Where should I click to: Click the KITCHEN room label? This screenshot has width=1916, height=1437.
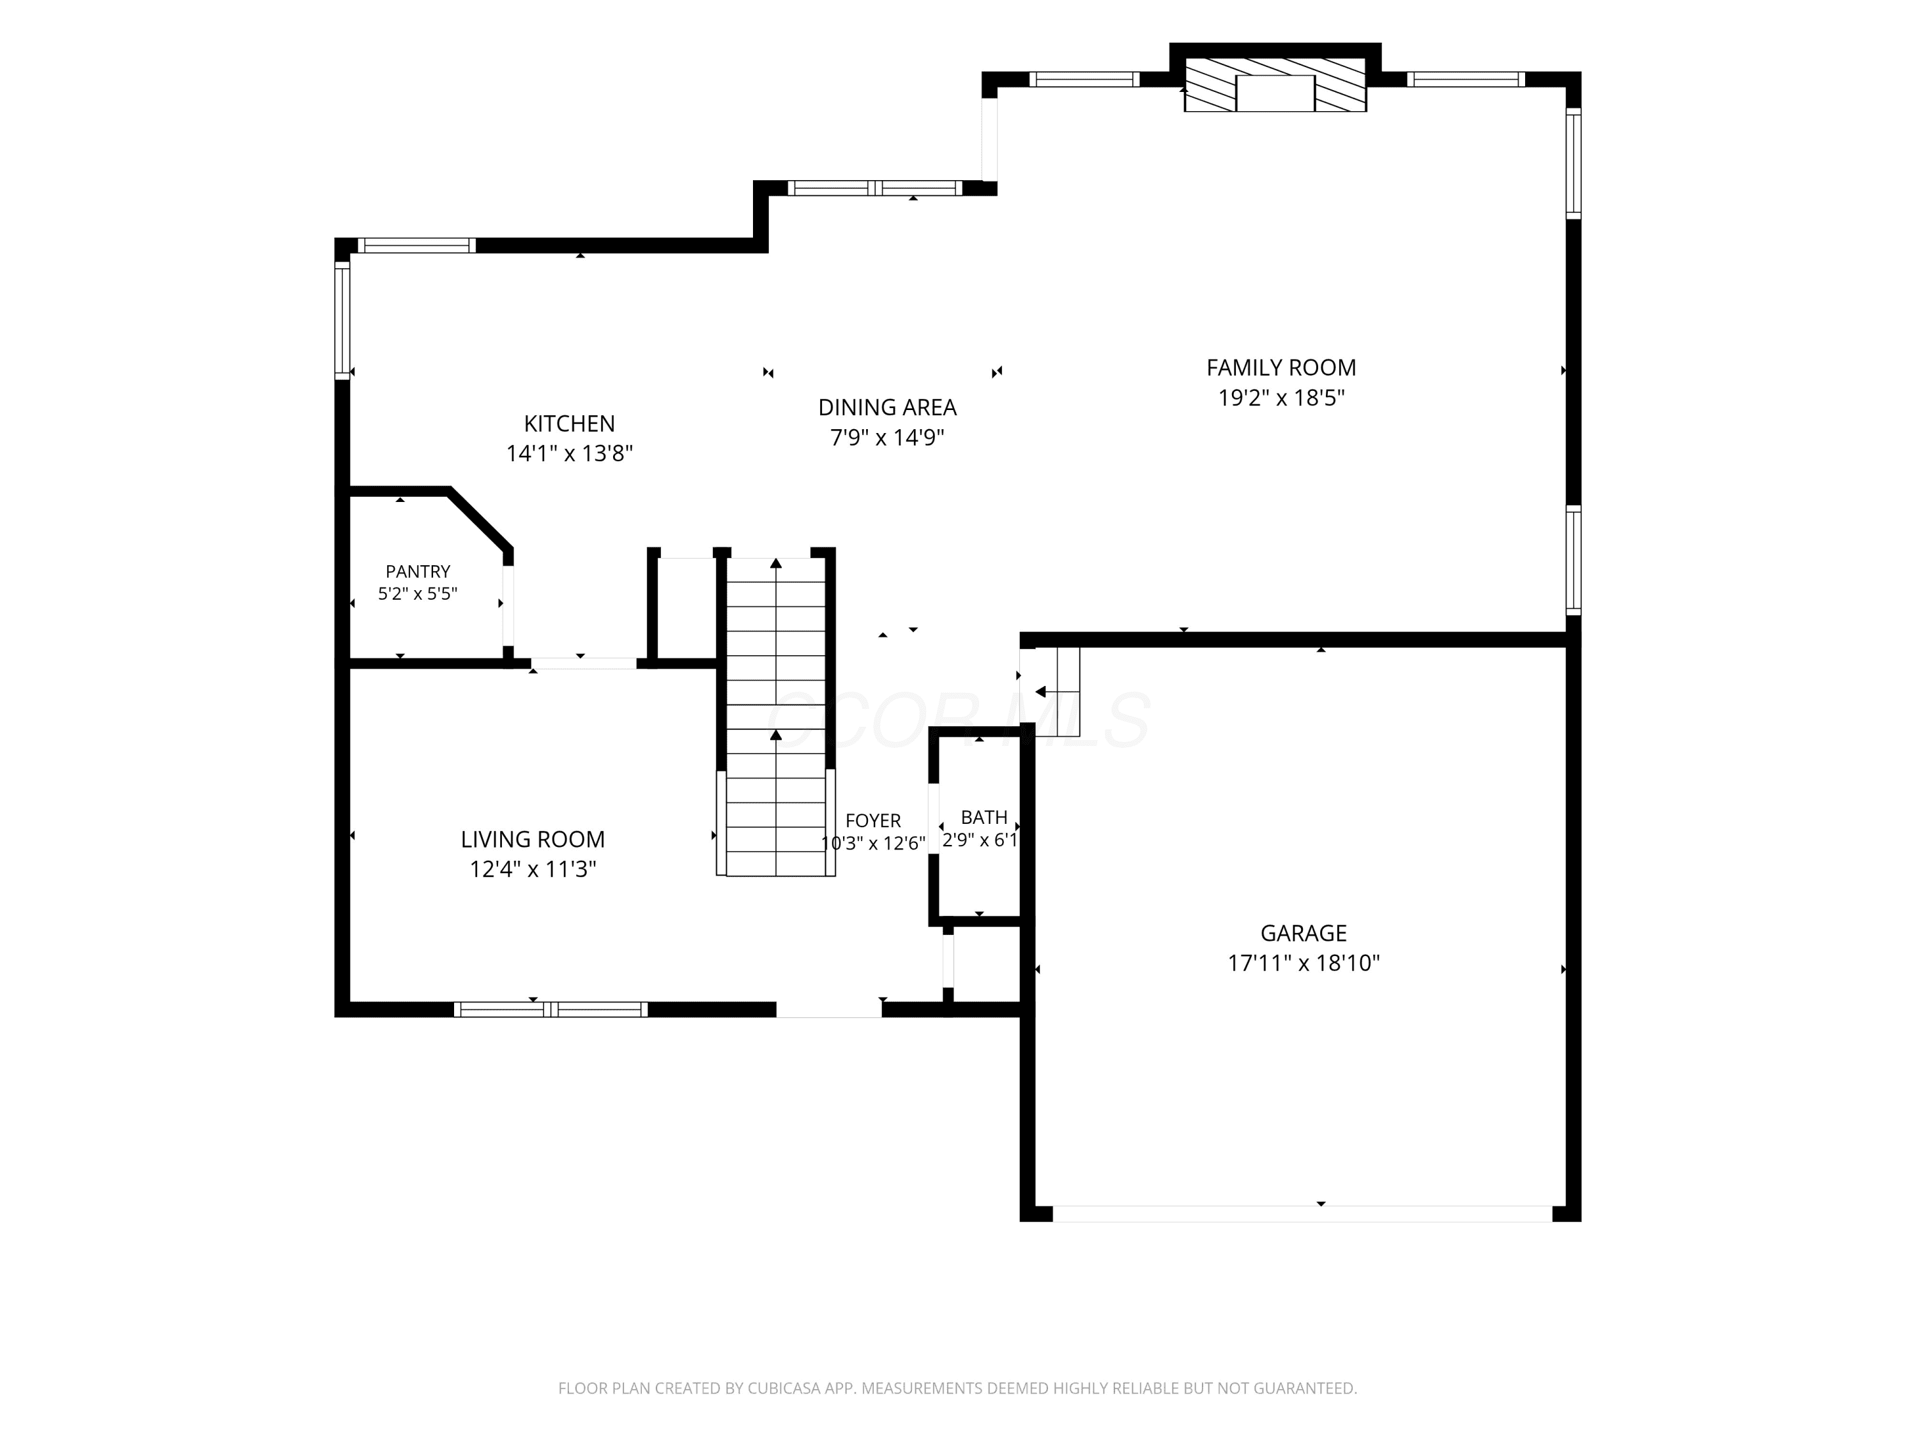tap(569, 423)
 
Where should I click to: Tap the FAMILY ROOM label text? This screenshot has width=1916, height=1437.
tap(1281, 368)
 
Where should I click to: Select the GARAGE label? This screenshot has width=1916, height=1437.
tap(1304, 933)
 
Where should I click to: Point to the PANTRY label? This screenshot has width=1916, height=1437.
tap(418, 572)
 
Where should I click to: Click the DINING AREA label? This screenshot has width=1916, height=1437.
tap(887, 407)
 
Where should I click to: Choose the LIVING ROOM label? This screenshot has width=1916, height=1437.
tap(533, 839)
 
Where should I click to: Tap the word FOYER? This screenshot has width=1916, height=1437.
tap(873, 820)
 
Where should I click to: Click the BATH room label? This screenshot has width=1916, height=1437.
tap(984, 817)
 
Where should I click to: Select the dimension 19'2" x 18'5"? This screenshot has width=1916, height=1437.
tap(1281, 399)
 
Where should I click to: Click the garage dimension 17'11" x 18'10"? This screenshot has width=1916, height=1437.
tap(1304, 963)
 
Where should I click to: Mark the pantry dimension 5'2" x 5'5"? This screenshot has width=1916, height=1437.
tap(418, 594)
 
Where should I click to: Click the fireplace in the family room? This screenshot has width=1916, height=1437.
tap(1275, 85)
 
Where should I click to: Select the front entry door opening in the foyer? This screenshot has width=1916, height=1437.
tap(829, 1009)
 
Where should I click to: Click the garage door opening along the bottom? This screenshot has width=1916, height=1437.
tap(1302, 1213)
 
